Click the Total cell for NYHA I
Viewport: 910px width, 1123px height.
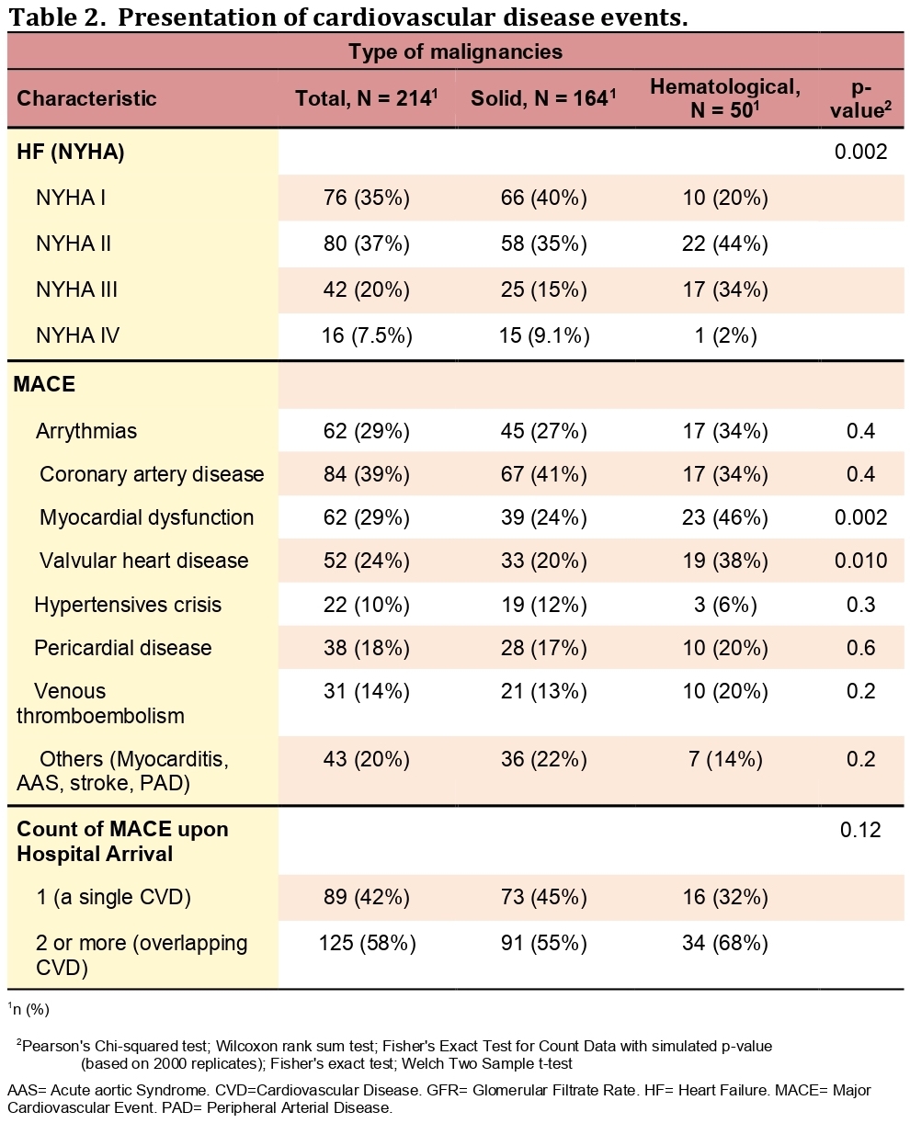(x=367, y=198)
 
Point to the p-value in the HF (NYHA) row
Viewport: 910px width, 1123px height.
(x=860, y=152)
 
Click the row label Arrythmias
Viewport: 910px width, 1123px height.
(x=86, y=431)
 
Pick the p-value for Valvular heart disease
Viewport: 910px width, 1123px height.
(x=860, y=561)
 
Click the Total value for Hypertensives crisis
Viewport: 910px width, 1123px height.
(x=367, y=605)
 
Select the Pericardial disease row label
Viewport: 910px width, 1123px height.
(x=122, y=648)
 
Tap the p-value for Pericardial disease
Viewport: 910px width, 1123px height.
(x=860, y=648)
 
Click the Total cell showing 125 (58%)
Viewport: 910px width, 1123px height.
(x=367, y=943)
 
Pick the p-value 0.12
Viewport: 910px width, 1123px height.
(x=860, y=830)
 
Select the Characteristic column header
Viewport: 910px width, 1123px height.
(x=86, y=98)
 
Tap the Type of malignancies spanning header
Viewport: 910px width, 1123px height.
(x=455, y=51)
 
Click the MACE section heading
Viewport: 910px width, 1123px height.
(x=44, y=385)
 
